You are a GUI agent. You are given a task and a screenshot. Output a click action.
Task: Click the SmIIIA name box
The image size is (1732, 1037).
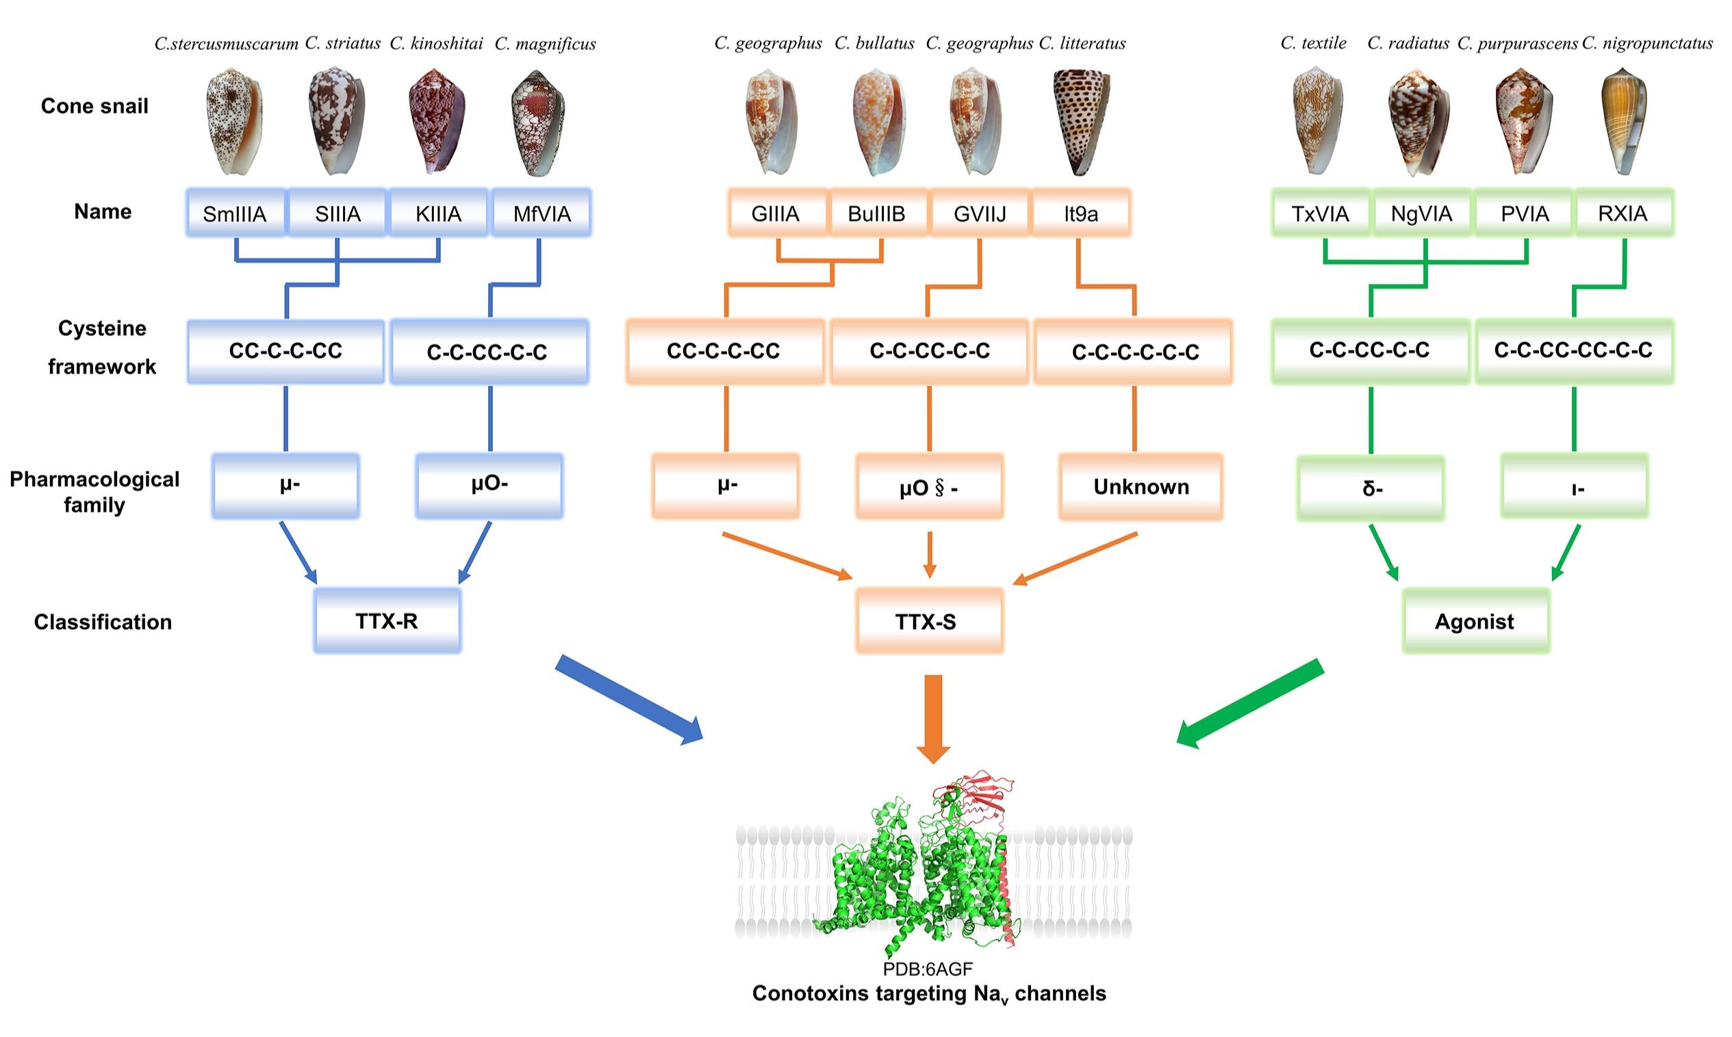pos(235,212)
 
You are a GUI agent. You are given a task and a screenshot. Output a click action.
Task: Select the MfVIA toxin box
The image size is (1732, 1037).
pos(542,212)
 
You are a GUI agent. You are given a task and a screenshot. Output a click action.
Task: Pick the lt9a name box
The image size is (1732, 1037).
pos(1080,212)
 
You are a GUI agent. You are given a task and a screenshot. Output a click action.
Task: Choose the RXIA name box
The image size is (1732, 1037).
pos(1622,212)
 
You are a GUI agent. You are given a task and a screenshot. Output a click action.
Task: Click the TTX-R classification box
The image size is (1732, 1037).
pos(386,621)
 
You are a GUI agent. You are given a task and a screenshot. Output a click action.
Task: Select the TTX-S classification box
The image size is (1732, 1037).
pos(928,621)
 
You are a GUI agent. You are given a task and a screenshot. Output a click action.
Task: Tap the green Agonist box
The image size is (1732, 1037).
pos(1475,621)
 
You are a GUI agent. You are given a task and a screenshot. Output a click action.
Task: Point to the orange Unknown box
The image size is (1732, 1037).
pos(1141,487)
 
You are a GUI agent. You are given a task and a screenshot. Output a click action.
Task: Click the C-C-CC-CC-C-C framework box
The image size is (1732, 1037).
pos(1573,350)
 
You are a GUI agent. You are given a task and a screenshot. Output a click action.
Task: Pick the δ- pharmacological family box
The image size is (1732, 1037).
pos(1371,488)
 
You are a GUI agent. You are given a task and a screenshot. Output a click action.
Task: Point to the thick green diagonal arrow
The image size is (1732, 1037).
pos(1251,703)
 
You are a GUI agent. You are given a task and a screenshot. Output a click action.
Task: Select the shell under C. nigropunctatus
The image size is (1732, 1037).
pos(1622,120)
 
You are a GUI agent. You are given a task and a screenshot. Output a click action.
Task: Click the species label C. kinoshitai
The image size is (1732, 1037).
pos(436,43)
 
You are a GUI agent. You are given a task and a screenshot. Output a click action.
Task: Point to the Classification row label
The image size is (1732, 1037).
pos(103,622)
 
